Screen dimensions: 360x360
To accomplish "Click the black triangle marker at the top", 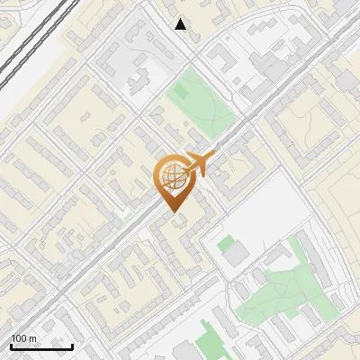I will (x=181, y=24).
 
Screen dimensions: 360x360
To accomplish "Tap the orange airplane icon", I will (x=198, y=165).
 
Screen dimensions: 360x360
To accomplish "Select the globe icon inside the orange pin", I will (x=171, y=176).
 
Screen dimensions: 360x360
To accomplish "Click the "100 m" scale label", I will (x=24, y=338).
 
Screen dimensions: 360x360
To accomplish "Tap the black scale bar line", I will (x=41, y=346).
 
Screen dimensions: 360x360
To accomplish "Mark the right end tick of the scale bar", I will (x=72, y=345).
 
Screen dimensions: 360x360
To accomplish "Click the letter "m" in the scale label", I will (x=32, y=338).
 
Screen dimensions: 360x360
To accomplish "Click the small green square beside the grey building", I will (x=224, y=242).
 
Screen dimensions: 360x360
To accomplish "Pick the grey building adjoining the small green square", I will (x=235, y=256).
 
